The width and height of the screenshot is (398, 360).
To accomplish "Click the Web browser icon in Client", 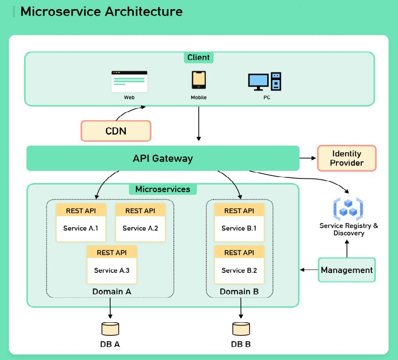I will (129, 81).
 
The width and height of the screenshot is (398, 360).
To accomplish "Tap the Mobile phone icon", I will (198, 80).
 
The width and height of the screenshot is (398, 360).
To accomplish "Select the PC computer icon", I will (265, 81).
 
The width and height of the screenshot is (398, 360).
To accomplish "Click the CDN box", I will (116, 131).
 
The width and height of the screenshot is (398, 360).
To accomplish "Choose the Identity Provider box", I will (347, 158).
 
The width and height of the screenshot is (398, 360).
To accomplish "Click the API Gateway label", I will (163, 158).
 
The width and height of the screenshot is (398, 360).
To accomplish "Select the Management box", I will (347, 270).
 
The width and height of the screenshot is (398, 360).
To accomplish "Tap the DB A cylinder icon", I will (110, 329).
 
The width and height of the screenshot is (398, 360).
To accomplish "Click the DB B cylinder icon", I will (241, 329).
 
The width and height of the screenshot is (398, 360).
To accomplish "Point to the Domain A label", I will (112, 292).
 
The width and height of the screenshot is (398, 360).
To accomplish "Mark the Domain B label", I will (239, 292).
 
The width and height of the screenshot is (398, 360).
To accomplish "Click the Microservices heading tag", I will (163, 190).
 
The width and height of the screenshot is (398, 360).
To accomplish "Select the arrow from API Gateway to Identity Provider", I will (307, 158).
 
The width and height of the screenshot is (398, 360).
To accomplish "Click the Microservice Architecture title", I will (101, 12).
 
